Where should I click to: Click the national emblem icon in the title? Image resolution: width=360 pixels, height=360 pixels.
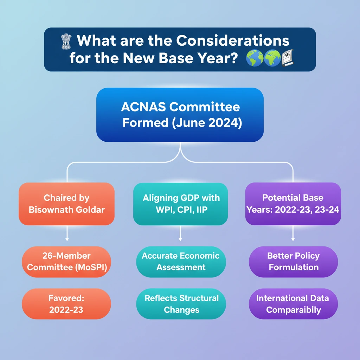pyautogui.click(x=66, y=41)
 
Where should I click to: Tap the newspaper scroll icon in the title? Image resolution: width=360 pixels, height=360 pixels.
pyautogui.click(x=288, y=58)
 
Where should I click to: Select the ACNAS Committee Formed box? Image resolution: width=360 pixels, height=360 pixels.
pyautogui.click(x=180, y=115)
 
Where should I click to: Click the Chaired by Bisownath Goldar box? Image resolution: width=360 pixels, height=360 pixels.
pyautogui.click(x=66, y=204)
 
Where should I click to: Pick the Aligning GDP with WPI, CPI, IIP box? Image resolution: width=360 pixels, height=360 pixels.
pyautogui.click(x=180, y=204)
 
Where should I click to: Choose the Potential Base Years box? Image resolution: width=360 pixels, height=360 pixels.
pyautogui.click(x=293, y=204)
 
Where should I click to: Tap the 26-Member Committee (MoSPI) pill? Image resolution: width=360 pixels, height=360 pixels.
pyautogui.click(x=66, y=262)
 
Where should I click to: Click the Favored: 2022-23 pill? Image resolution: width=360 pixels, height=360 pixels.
pyautogui.click(x=66, y=304)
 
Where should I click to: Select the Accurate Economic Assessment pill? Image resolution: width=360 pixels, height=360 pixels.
pyautogui.click(x=181, y=262)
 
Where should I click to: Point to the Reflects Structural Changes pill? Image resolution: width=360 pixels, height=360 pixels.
pyautogui.click(x=181, y=304)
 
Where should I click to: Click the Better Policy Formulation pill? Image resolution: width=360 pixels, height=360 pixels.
pyautogui.click(x=294, y=262)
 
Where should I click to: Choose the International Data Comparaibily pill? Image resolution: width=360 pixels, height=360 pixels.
pyautogui.click(x=294, y=304)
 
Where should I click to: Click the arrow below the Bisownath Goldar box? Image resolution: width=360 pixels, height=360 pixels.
pyautogui.click(x=67, y=233)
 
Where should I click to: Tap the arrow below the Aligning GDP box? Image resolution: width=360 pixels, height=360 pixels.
pyautogui.click(x=180, y=233)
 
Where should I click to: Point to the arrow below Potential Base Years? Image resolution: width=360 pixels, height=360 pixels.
pyautogui.click(x=293, y=233)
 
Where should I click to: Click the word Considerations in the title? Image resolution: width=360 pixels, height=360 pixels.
pyautogui.click(x=233, y=41)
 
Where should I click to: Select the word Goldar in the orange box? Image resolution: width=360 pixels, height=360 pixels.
pyautogui.click(x=90, y=210)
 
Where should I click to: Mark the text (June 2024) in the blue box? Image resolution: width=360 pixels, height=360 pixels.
pyautogui.click(x=207, y=123)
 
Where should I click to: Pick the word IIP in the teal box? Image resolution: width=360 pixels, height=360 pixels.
pyautogui.click(x=202, y=210)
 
